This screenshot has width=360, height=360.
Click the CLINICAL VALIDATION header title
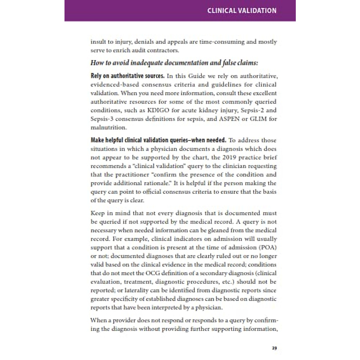[x=242, y=11]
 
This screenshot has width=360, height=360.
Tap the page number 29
[x=274, y=348]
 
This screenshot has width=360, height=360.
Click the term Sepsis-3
[x=101, y=119]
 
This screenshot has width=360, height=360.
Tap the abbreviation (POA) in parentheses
[x=267, y=247]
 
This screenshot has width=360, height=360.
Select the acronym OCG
[x=153, y=273]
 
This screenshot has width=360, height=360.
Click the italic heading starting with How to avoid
[x=174, y=63]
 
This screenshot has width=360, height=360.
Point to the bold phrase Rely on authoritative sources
[x=127, y=76]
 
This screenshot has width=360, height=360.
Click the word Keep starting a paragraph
[x=98, y=213]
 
